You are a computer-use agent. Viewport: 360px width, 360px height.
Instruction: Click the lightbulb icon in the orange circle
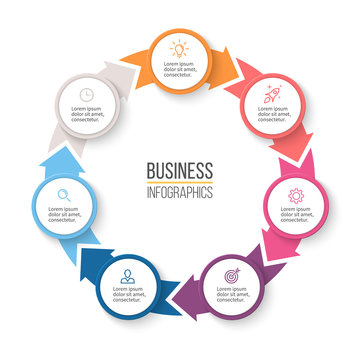pos(179,47)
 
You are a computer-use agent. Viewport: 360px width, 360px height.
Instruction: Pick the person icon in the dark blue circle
pos(127,273)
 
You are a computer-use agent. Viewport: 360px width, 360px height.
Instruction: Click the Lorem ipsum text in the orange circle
pos(179,68)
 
